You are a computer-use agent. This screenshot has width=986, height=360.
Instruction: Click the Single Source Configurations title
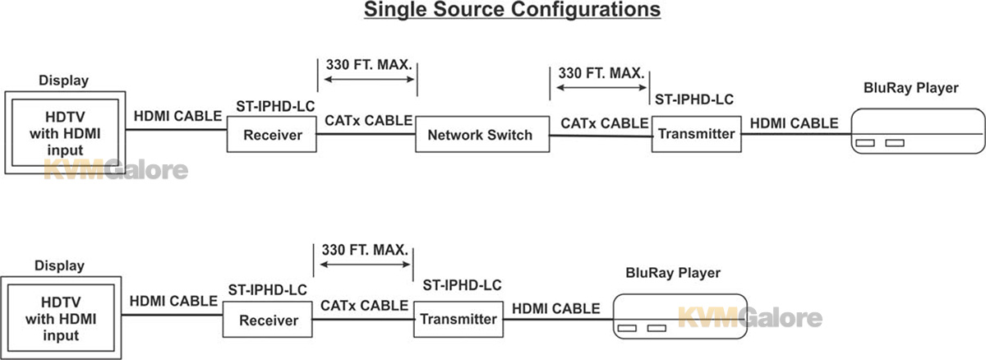(513, 10)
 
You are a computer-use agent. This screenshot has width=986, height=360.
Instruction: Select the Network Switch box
(482, 134)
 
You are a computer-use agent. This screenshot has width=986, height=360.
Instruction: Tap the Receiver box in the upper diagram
(272, 134)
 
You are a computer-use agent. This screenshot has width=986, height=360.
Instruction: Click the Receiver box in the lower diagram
(268, 320)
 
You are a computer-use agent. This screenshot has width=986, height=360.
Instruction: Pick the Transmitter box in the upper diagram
(697, 134)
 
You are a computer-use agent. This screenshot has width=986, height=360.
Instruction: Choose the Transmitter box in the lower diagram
(458, 320)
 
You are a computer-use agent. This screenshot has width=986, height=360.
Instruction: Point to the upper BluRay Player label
(910, 88)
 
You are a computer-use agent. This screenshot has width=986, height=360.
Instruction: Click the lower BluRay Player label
(673, 274)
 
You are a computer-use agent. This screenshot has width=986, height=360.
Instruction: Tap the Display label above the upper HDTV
(64, 81)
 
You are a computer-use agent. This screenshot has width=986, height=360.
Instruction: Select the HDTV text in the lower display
(61, 302)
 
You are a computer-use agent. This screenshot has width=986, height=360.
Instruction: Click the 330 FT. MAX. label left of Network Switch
(369, 65)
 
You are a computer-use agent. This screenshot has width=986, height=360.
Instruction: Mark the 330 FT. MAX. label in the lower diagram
(365, 250)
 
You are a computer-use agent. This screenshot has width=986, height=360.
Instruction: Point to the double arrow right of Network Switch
(601, 88)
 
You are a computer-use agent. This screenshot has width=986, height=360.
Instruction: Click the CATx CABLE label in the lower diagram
(365, 306)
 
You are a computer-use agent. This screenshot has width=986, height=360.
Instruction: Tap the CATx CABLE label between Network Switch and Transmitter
(605, 123)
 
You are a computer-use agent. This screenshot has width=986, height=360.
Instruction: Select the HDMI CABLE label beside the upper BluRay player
(794, 123)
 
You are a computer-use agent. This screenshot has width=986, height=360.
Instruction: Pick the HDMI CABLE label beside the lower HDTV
(173, 301)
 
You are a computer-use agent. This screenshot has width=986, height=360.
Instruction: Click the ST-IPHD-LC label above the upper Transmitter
(694, 99)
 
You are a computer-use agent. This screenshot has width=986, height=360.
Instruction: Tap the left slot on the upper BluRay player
(865, 143)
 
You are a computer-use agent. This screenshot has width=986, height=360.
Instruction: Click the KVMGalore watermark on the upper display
(116, 170)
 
